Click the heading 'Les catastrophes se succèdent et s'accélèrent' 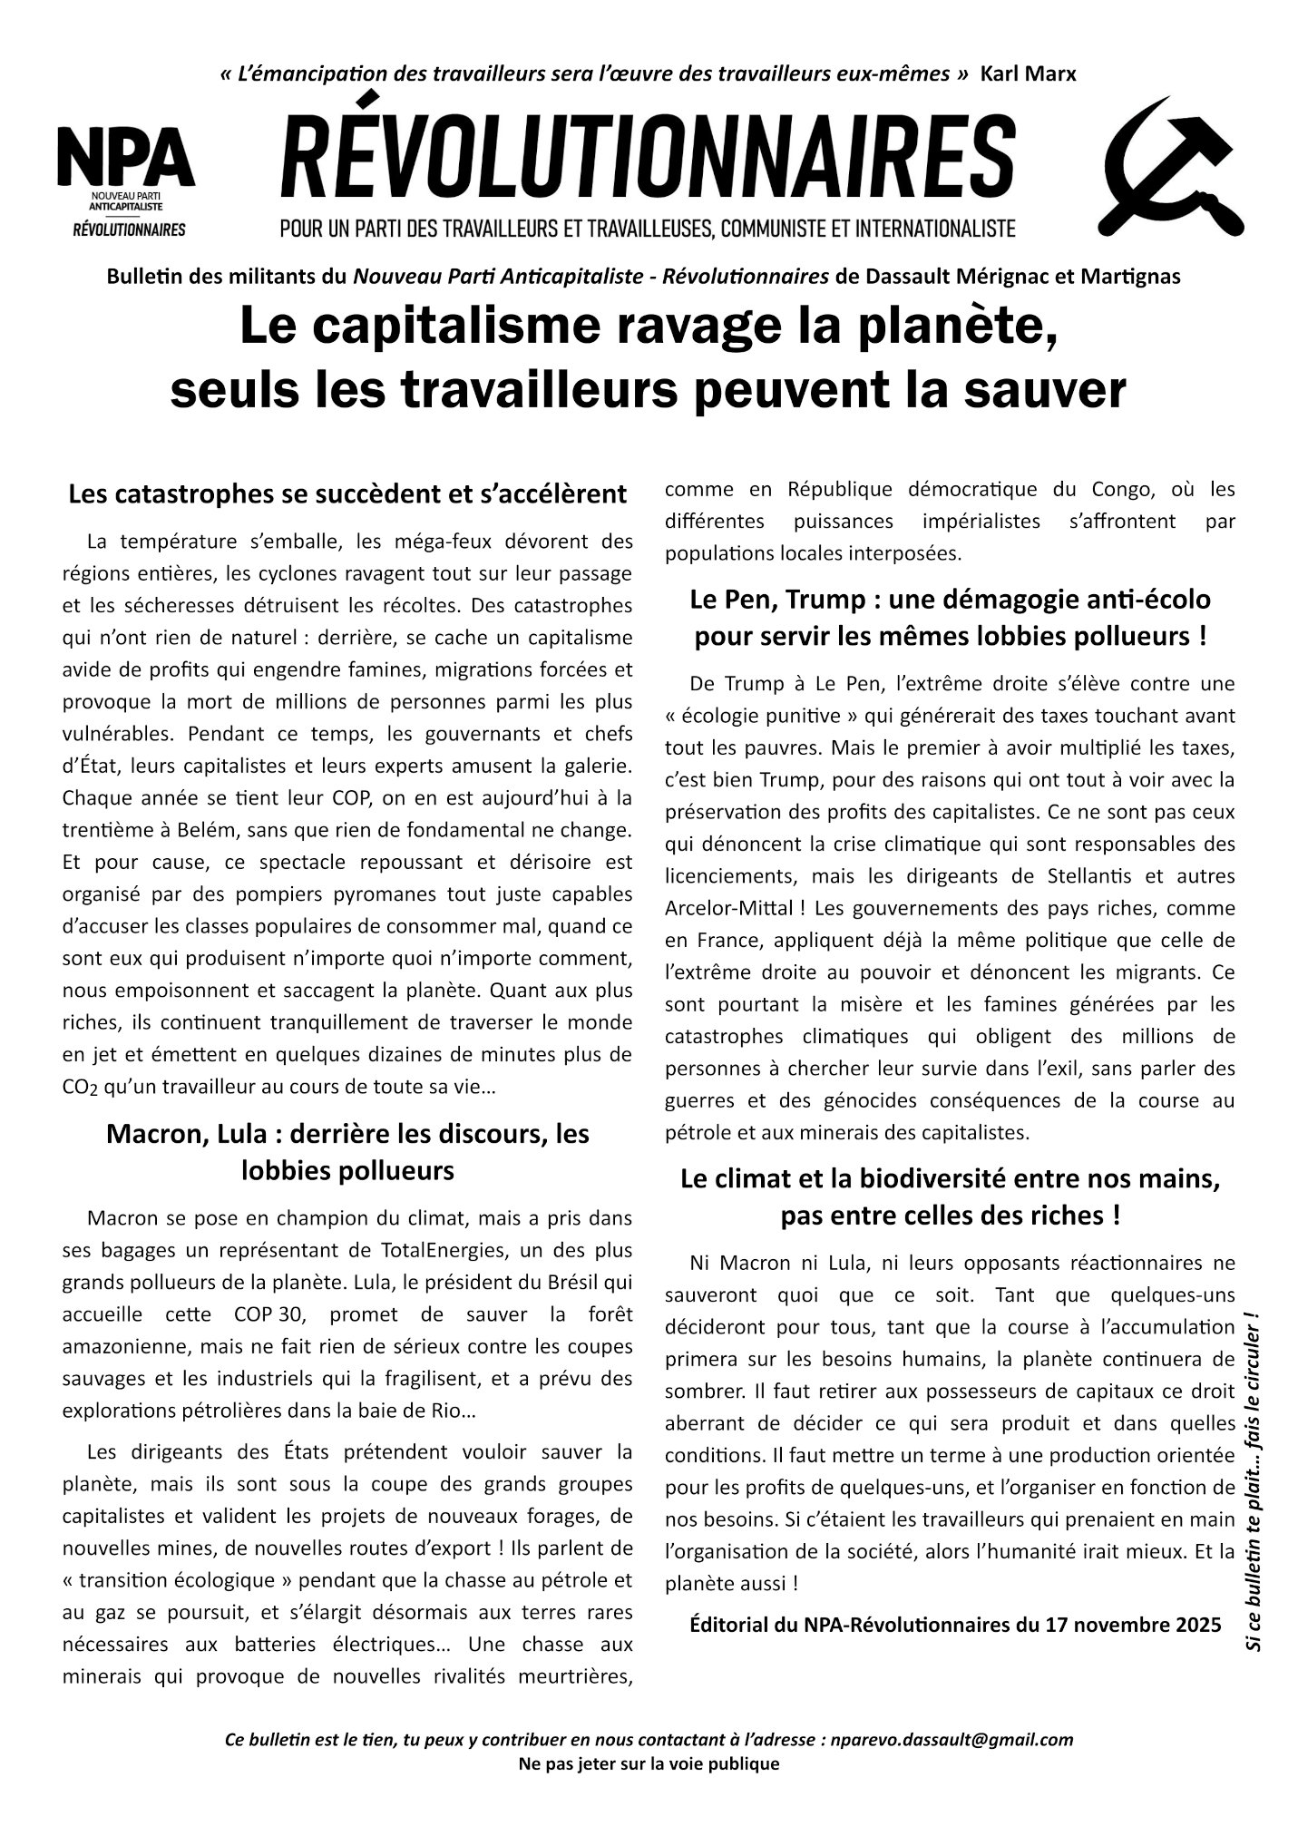[x=347, y=494]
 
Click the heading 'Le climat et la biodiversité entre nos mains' [x=950, y=1179]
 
